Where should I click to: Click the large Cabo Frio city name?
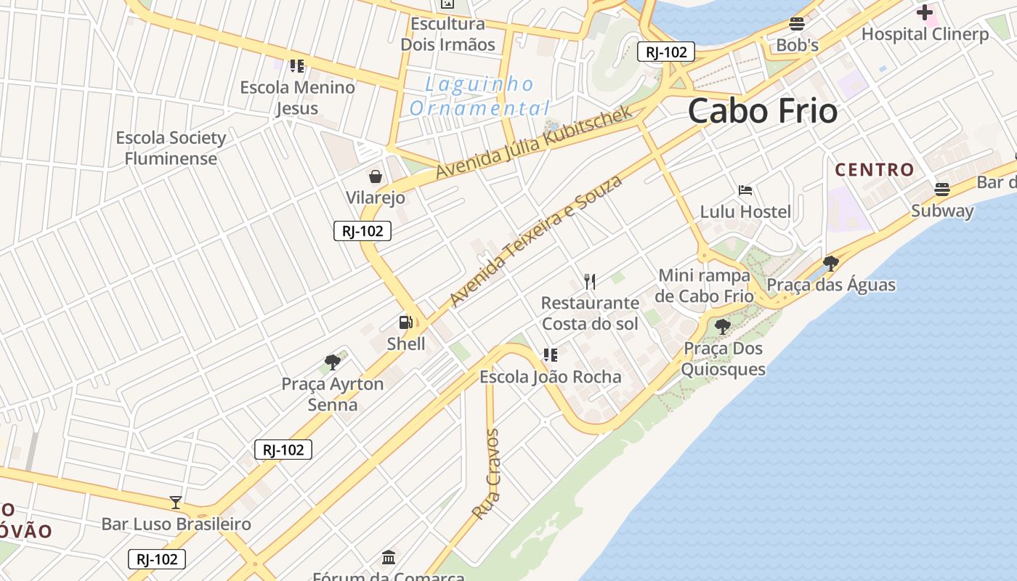point(762,111)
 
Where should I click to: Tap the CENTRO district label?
point(874,170)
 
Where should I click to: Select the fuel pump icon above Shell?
point(405,322)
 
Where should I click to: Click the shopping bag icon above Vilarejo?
point(376,176)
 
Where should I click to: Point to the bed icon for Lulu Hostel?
point(745,190)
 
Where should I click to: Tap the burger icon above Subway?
point(942,190)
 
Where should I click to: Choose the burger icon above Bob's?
point(797,24)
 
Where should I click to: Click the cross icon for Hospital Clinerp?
point(924,12)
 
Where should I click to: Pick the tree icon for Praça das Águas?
point(831,263)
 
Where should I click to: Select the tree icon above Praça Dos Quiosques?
point(722,327)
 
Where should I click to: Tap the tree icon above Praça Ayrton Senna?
point(333,362)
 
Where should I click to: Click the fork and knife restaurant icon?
point(590,281)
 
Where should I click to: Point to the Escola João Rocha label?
point(550,377)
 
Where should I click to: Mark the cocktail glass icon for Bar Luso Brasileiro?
point(175,502)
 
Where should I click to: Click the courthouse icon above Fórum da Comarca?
point(389,558)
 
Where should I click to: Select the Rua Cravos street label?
point(486,474)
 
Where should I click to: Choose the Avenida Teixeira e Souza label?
point(536,240)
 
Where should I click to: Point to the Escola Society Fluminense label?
point(171,147)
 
